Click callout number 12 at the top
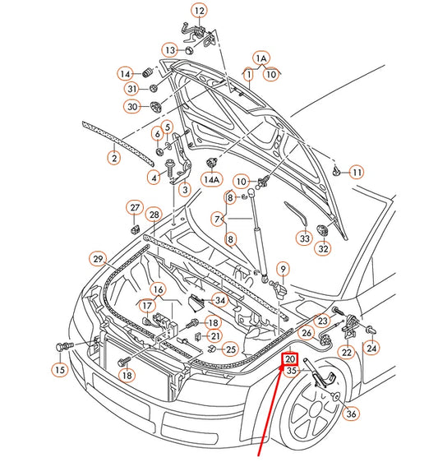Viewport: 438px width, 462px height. [200, 11]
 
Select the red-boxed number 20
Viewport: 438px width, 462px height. [292, 358]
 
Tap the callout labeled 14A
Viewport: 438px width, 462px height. [212, 178]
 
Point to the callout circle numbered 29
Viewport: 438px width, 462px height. [98, 260]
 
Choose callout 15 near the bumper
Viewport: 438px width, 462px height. [59, 370]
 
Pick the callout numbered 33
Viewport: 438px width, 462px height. [304, 238]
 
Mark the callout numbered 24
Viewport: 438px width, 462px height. [372, 348]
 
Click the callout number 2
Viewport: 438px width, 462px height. [114, 158]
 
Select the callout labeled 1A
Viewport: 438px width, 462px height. [260, 58]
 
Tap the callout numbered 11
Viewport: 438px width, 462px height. [357, 172]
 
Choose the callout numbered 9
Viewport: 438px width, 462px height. [282, 268]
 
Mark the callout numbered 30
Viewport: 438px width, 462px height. [132, 106]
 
